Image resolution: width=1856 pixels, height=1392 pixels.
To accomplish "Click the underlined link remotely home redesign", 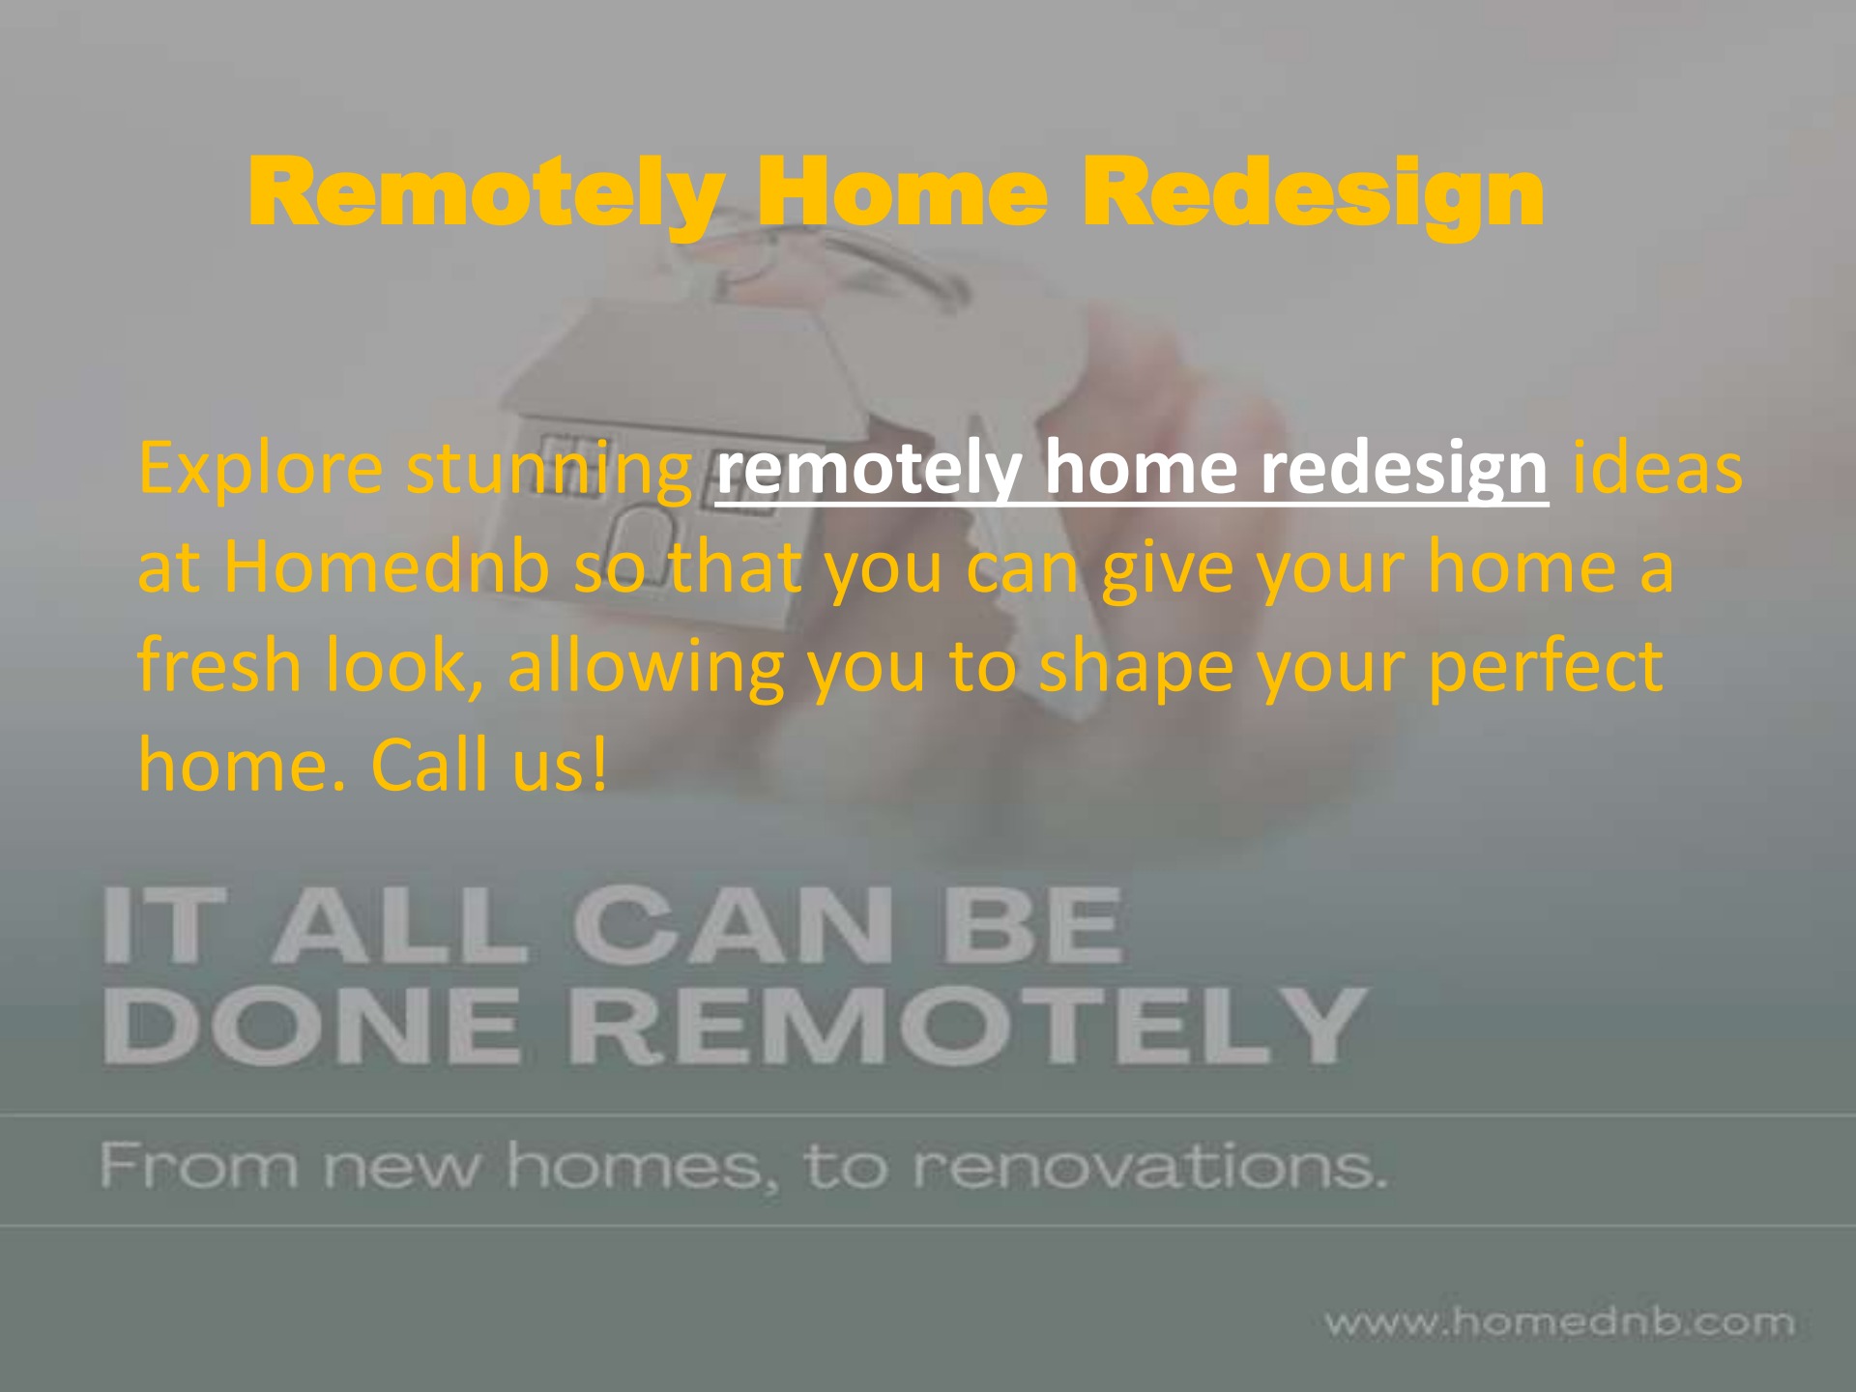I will [x=1132, y=469].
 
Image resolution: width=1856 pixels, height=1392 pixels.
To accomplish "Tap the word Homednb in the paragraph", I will [x=387, y=567].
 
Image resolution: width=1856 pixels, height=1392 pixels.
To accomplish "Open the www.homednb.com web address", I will [x=1558, y=1321].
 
